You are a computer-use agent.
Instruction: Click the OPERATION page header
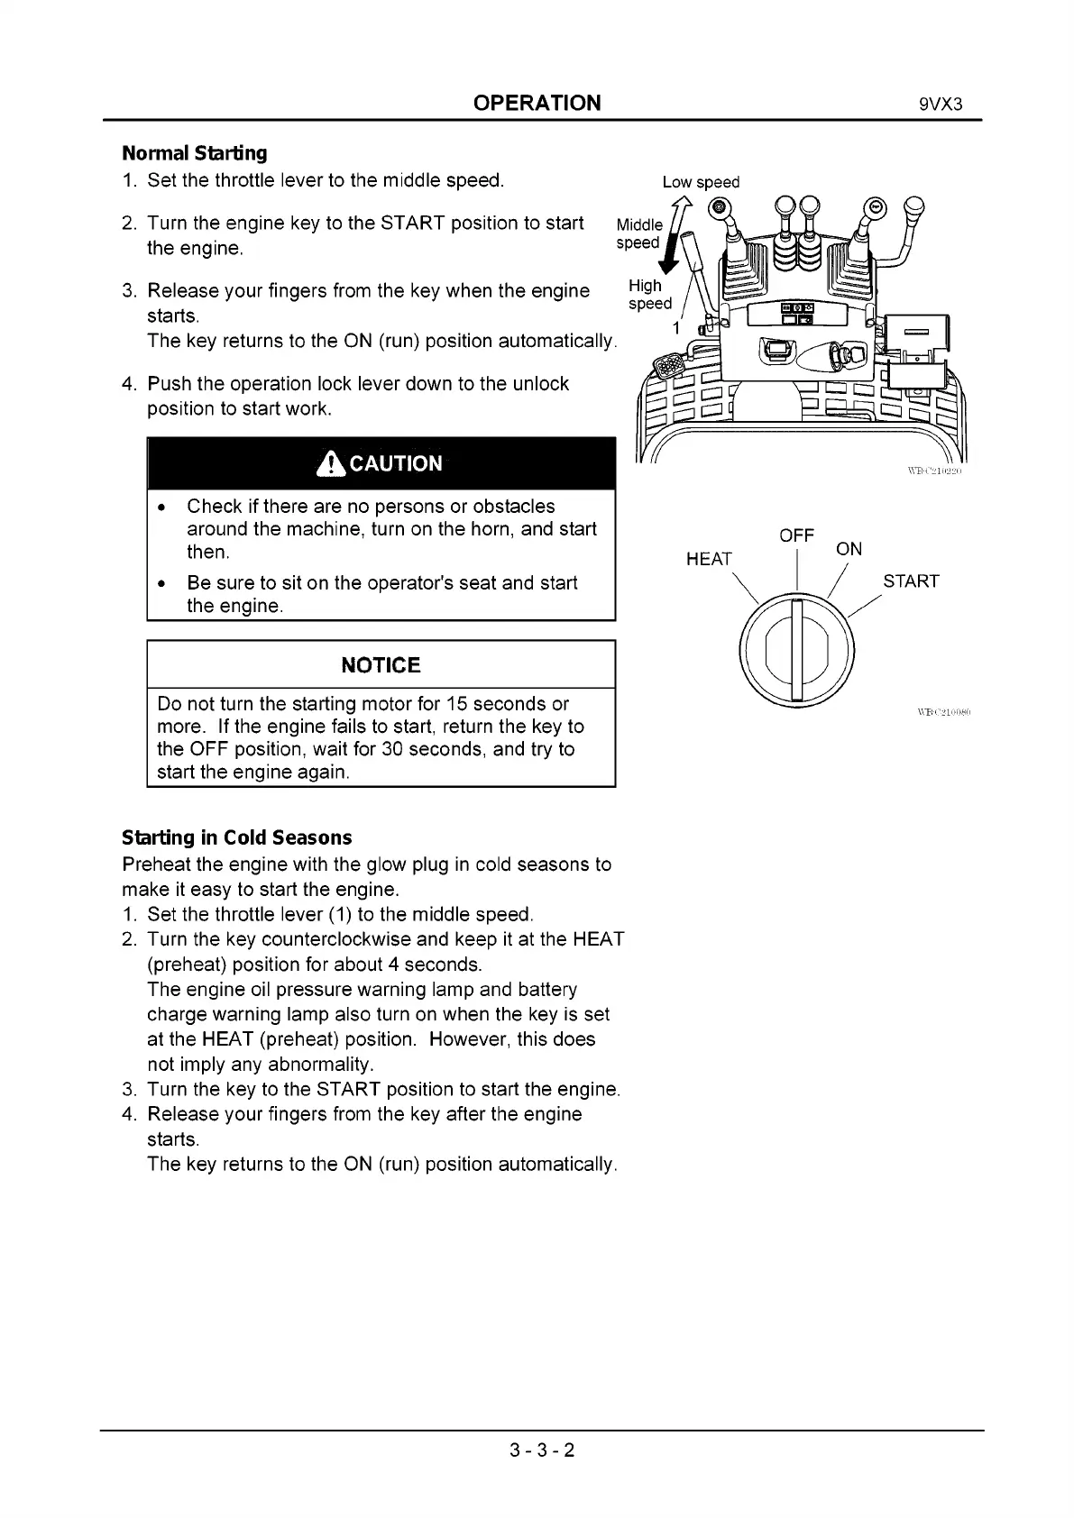[537, 103]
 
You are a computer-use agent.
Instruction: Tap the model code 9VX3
[941, 104]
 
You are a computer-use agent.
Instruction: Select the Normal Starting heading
[195, 153]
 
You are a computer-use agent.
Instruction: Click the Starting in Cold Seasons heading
[236, 837]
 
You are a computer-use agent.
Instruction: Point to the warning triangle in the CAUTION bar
[331, 464]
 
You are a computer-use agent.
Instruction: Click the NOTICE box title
[381, 665]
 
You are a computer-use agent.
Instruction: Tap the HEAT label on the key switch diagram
[709, 559]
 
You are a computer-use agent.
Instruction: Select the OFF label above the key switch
[796, 535]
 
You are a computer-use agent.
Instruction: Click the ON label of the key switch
[849, 549]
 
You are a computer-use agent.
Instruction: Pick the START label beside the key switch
[911, 581]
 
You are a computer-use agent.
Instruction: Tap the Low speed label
[701, 182]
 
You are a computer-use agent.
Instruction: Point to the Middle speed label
[638, 233]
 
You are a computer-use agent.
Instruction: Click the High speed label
[649, 294]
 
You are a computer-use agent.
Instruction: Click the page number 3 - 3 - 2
[542, 1450]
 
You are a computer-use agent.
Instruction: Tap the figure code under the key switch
[942, 712]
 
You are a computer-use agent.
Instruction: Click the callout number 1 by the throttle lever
[675, 328]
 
